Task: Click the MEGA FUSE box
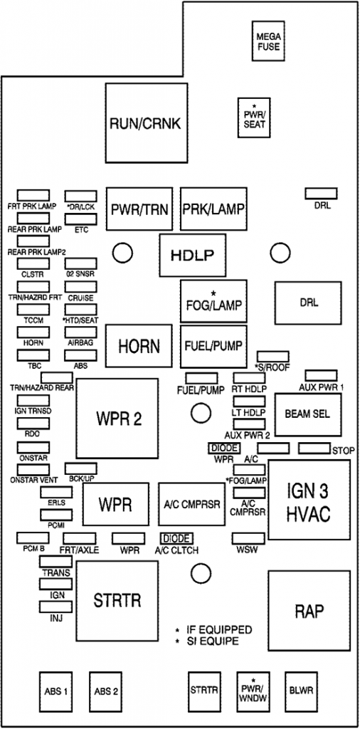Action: [x=268, y=41]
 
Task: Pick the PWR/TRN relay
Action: [x=139, y=209]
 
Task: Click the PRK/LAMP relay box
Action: [x=213, y=209]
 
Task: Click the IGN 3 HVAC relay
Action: [x=309, y=503]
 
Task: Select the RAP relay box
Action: [x=309, y=611]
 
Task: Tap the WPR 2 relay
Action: [x=117, y=418]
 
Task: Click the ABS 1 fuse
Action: [x=55, y=691]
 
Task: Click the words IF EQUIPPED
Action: [x=219, y=630]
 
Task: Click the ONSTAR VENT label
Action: [x=35, y=480]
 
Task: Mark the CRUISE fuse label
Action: [x=80, y=298]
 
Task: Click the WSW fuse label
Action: [x=248, y=550]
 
